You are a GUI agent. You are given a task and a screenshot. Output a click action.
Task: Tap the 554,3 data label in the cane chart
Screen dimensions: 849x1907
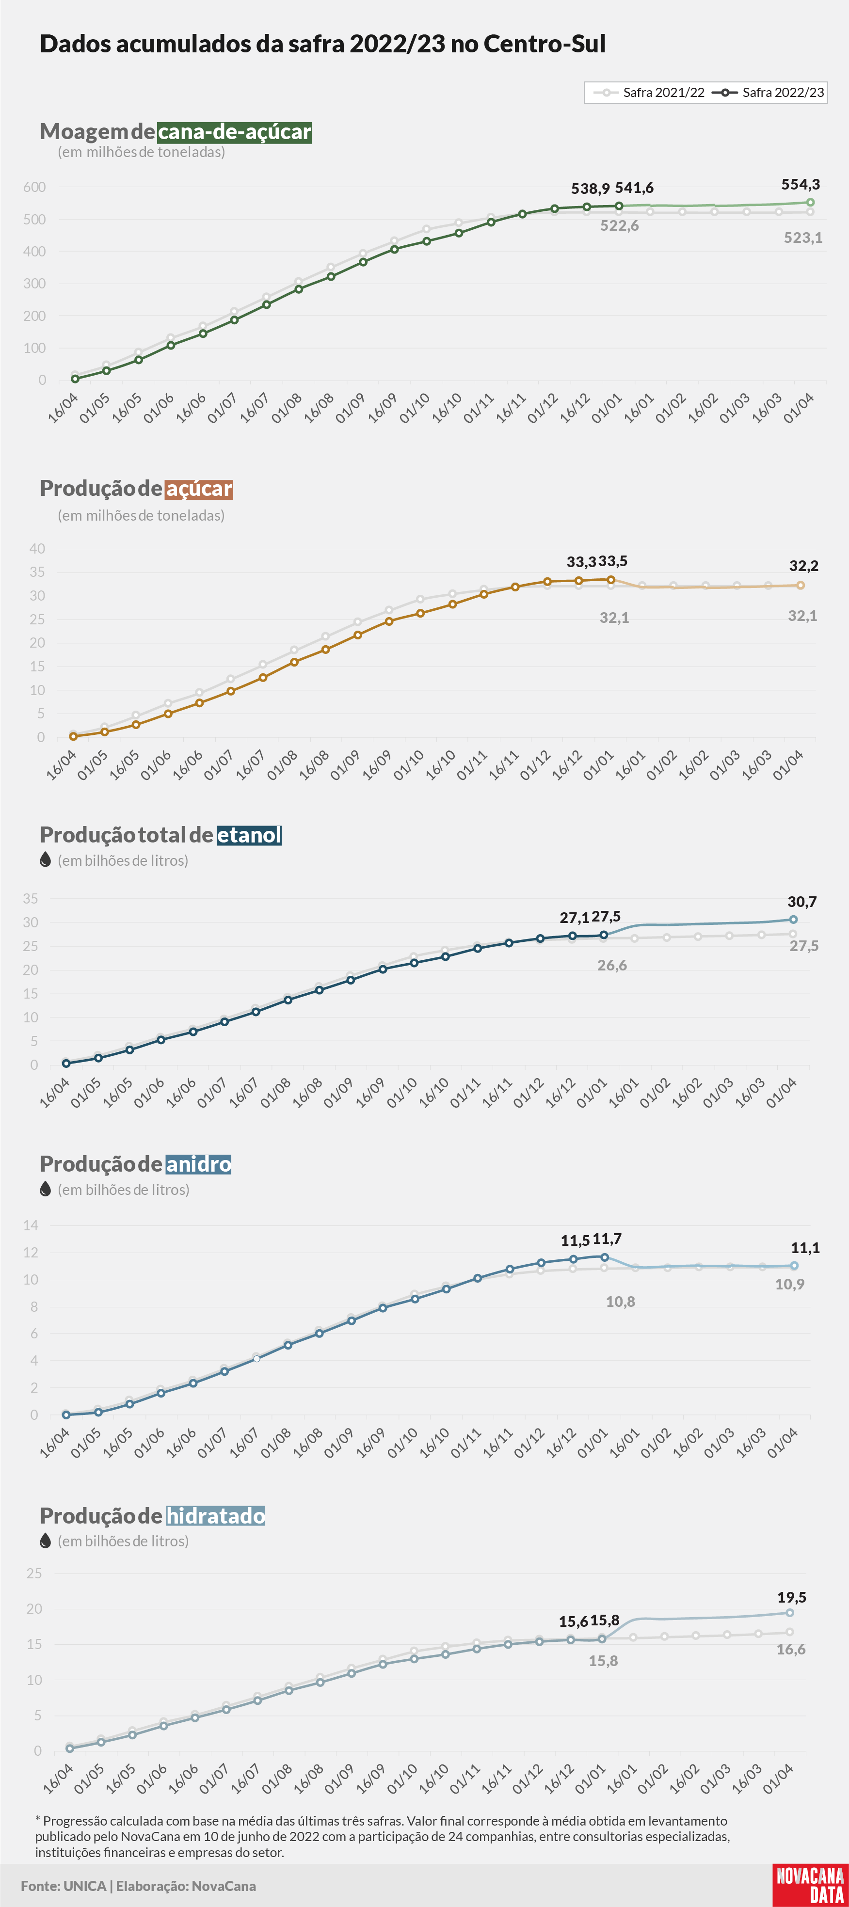800,184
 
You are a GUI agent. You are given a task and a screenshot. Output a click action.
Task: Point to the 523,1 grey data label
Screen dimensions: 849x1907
803,238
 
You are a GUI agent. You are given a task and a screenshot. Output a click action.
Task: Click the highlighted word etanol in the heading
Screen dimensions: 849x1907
249,835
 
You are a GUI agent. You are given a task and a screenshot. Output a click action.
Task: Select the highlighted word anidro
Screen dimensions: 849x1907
198,1164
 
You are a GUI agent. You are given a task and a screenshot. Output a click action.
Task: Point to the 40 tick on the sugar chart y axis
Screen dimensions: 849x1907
37,549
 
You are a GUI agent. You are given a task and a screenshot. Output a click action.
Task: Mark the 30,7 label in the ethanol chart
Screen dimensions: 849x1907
801,902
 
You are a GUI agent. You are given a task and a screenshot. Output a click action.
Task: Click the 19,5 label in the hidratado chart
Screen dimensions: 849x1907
792,1598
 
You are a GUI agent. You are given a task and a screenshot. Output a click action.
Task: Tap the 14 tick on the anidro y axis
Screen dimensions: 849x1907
31,1225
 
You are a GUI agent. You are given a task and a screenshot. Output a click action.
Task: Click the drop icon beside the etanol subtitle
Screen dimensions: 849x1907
45,859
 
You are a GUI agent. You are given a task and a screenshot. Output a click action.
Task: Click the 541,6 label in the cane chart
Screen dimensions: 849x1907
634,188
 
